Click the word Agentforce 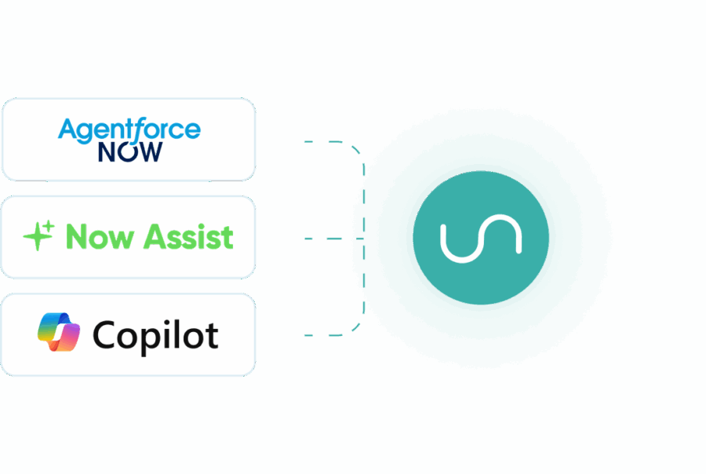tap(129, 129)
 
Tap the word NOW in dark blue tap(130, 151)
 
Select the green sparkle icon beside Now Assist tap(38, 236)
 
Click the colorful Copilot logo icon tap(58, 332)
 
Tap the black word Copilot tap(155, 335)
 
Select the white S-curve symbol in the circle tap(481, 240)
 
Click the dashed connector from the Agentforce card tap(333, 143)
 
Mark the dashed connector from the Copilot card tap(333, 335)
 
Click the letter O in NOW tap(129, 151)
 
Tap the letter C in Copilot tap(104, 334)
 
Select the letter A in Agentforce tap(67, 129)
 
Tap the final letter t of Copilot tap(211, 335)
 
